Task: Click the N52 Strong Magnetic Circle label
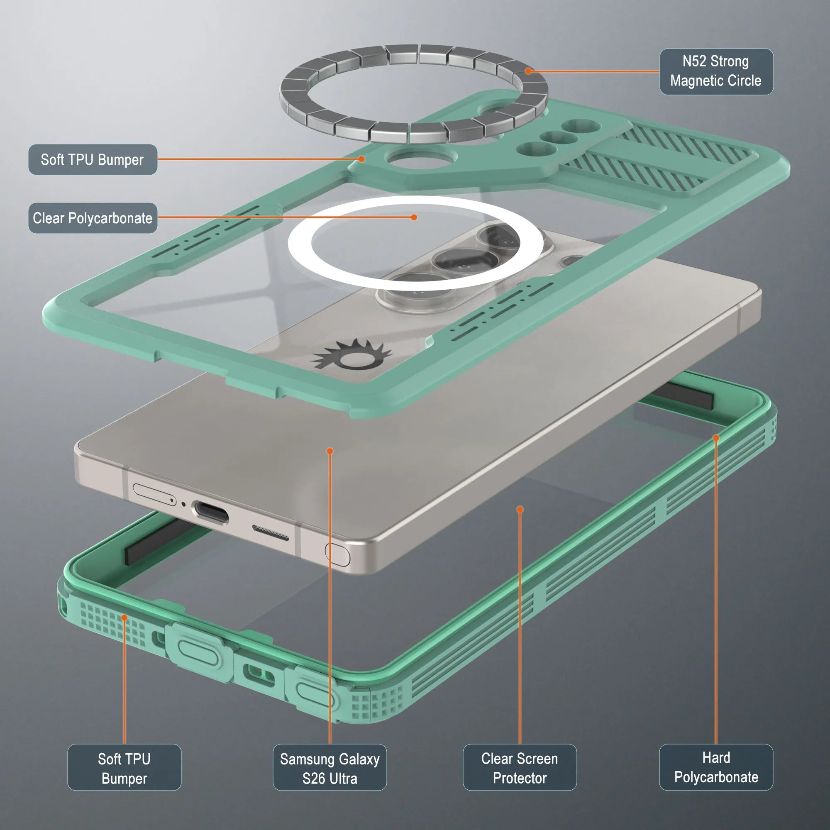(x=716, y=71)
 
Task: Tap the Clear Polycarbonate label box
(x=93, y=218)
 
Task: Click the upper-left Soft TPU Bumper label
(x=93, y=159)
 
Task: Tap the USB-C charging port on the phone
(x=210, y=512)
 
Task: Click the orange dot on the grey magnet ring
(x=528, y=71)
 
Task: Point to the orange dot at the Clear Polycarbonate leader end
(x=414, y=217)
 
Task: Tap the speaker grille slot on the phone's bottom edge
(x=270, y=533)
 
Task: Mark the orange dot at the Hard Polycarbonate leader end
(x=716, y=438)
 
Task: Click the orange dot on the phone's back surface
(x=330, y=451)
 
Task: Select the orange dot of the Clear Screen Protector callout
(x=520, y=510)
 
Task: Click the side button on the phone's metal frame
(x=338, y=554)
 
